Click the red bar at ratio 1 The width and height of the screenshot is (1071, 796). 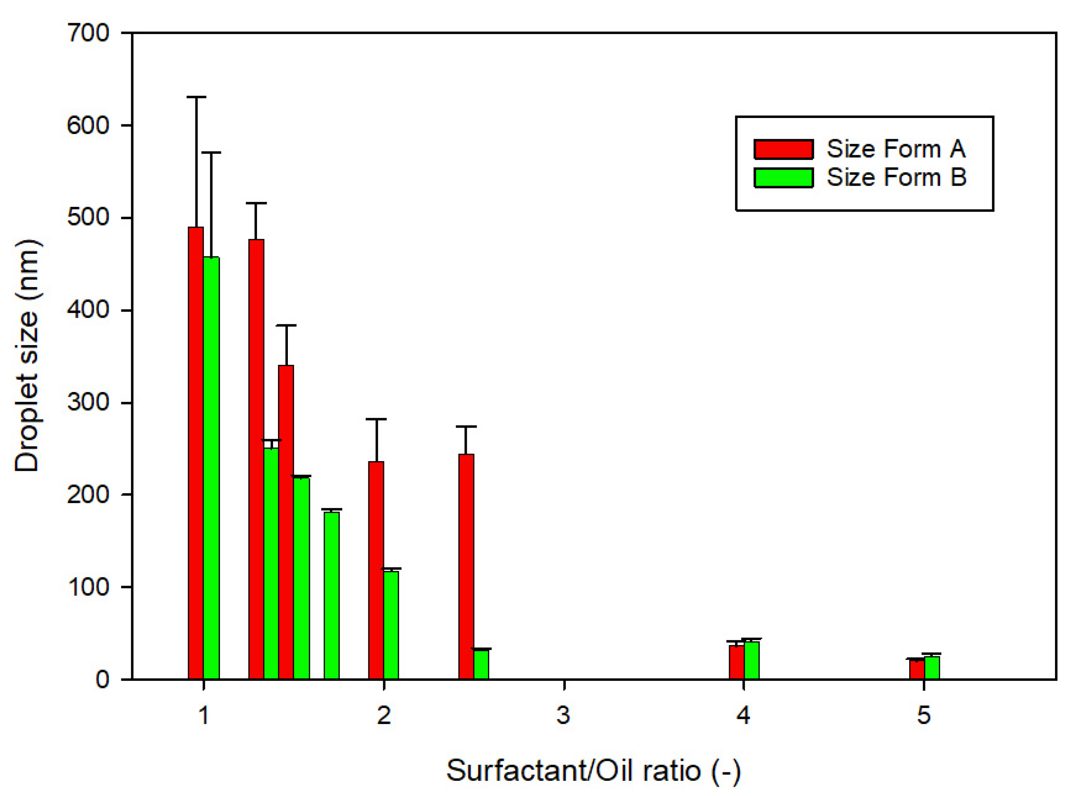tap(195, 453)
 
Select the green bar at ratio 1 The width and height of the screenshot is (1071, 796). tap(211, 467)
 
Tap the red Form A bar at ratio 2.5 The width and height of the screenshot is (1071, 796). tap(466, 566)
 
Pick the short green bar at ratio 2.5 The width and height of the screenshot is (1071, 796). tap(481, 664)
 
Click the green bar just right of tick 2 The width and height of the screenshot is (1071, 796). tap(391, 624)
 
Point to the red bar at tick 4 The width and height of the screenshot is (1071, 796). tap(736, 662)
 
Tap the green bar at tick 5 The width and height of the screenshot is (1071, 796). tap(932, 667)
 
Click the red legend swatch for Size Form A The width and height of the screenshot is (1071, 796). tap(783, 149)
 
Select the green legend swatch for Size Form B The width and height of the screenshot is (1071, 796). tap(783, 177)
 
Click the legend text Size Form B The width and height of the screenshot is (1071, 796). tap(896, 177)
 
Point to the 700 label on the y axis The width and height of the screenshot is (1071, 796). tap(88, 33)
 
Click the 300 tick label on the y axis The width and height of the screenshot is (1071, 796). tap(88, 402)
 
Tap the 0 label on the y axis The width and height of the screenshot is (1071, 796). tap(102, 679)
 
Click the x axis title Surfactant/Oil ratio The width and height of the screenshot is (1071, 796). tap(593, 770)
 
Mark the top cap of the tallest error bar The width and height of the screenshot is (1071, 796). tap(196, 97)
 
